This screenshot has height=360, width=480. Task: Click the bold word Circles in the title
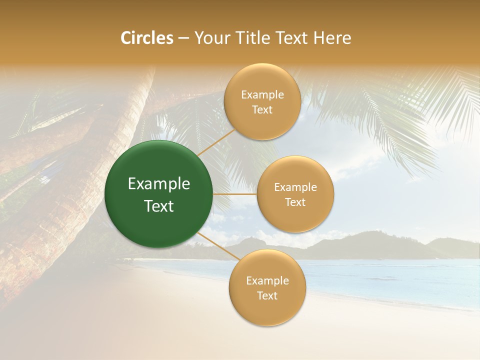[x=146, y=38]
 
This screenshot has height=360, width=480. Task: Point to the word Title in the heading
[x=248, y=38]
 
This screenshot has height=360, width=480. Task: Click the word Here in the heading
[x=332, y=38]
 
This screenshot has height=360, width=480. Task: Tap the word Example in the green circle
[x=159, y=184]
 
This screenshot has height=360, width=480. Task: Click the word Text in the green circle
[x=159, y=206]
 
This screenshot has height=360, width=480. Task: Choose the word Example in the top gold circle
[x=262, y=95]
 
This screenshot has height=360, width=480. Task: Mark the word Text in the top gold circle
[x=262, y=110]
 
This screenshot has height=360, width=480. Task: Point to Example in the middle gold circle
[x=295, y=187]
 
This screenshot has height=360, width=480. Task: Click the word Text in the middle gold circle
[x=295, y=202]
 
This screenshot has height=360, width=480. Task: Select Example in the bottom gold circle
[x=267, y=281]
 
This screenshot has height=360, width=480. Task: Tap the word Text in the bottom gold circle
[x=267, y=295]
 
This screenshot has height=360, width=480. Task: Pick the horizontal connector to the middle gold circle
[x=235, y=194]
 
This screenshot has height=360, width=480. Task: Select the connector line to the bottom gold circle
[x=218, y=246]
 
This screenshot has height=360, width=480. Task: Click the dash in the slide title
[x=183, y=38]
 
